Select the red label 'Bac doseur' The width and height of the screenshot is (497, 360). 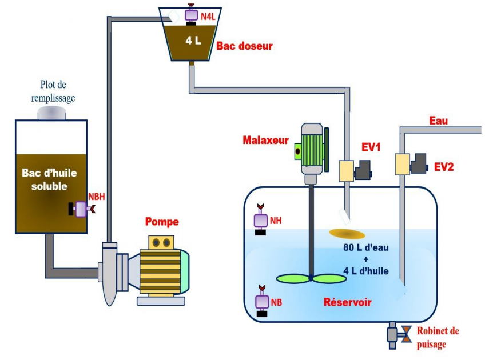244,46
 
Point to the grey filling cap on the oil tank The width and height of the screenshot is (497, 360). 51,113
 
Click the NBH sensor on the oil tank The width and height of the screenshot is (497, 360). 82,210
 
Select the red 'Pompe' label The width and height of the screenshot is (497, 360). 162,222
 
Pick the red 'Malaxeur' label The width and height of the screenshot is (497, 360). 264,140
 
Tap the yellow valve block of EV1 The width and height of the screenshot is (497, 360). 347,171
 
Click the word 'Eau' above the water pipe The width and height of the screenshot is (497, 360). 439,121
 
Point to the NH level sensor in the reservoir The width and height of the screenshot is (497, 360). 261,220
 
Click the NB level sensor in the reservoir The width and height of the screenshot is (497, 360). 262,301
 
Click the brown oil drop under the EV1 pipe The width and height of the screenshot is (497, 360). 347,233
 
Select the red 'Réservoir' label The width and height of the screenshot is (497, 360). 348,301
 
